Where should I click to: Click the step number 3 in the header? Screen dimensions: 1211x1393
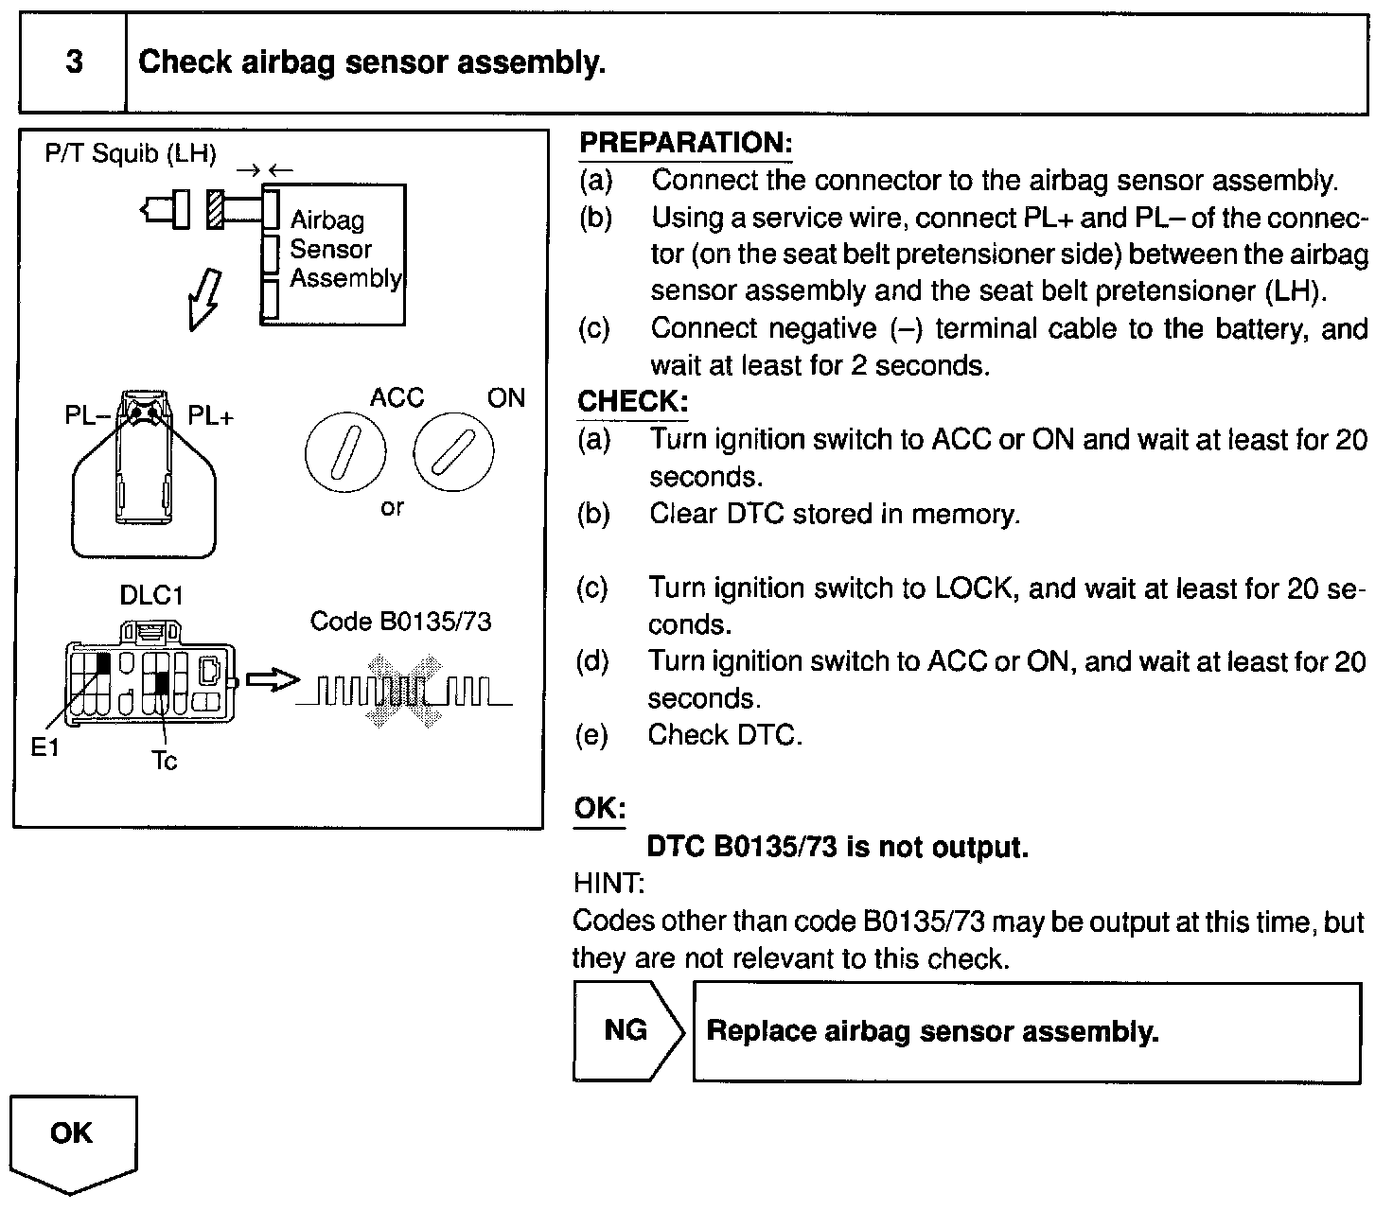click(x=74, y=62)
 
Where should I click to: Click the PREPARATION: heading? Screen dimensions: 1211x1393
click(x=685, y=144)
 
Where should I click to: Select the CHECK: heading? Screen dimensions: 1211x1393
click(x=632, y=401)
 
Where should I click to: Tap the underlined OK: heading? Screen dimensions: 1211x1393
click(x=600, y=809)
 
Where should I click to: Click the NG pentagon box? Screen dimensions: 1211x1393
click(x=626, y=1030)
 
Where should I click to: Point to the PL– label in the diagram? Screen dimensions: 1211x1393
click(x=88, y=416)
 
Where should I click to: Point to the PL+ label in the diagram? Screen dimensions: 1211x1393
click(x=210, y=416)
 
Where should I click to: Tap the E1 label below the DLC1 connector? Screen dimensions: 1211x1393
click(x=44, y=748)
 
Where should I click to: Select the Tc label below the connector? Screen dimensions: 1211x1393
click(x=164, y=762)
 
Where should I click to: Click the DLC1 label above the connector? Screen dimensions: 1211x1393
click(x=151, y=596)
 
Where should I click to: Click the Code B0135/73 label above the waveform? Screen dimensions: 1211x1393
click(x=400, y=622)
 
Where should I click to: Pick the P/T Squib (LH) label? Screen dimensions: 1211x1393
click(x=131, y=154)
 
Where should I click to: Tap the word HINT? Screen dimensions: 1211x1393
click(x=608, y=884)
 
